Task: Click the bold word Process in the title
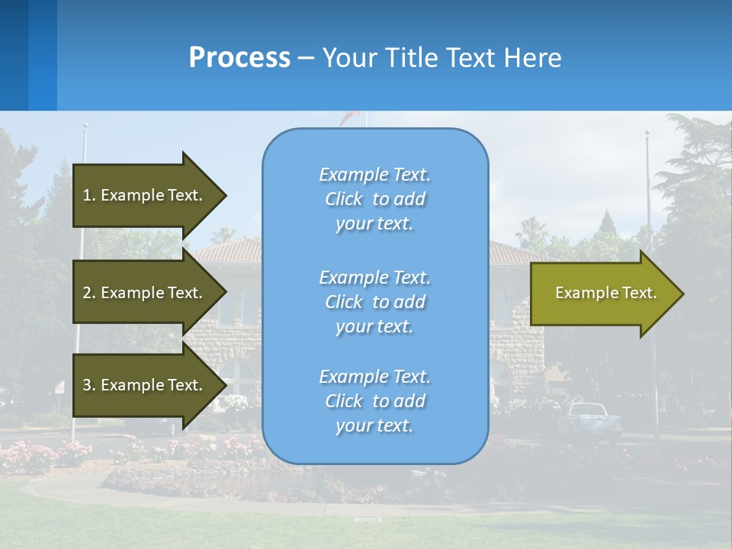click(x=239, y=58)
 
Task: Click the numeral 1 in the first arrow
click(x=86, y=195)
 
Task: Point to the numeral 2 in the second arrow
click(x=87, y=293)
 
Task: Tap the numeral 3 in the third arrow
click(x=87, y=385)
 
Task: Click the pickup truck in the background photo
click(x=591, y=419)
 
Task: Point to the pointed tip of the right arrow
click(x=682, y=294)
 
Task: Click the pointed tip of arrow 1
click(x=226, y=195)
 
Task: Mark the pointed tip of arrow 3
click(x=226, y=385)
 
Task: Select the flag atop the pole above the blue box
click(x=350, y=117)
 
